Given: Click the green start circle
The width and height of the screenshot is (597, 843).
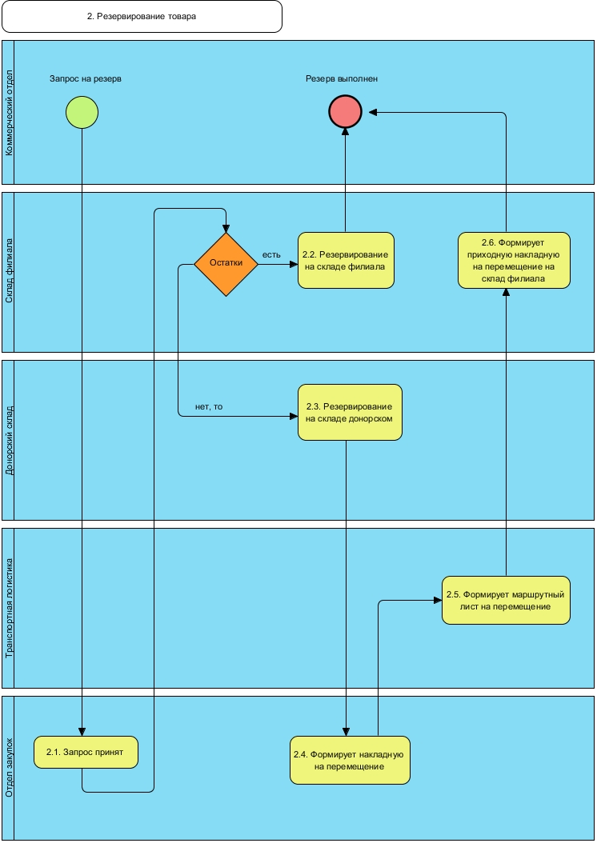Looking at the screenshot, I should point(82,112).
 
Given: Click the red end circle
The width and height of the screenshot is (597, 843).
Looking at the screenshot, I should point(346,112).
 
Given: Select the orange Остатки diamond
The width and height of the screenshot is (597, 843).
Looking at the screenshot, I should point(226,264).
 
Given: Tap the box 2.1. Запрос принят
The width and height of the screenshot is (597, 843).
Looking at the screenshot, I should point(86,752).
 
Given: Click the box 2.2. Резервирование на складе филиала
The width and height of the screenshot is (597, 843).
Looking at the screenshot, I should point(346,261).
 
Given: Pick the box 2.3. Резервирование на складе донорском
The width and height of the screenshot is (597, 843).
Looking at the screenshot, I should point(350,412).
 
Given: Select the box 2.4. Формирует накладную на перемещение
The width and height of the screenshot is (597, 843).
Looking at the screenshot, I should point(350,760).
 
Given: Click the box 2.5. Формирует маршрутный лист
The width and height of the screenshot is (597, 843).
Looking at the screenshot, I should point(506,600).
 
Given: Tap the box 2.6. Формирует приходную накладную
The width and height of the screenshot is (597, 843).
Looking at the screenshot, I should point(514,261).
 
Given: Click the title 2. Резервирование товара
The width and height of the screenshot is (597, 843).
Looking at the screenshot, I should point(142,16).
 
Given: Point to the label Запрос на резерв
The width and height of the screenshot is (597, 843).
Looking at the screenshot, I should point(85,79).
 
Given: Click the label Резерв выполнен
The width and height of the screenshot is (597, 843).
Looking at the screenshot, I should point(342,79).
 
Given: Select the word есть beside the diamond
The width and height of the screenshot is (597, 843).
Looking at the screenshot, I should point(271,255).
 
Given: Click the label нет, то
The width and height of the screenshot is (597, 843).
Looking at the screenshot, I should point(209,406).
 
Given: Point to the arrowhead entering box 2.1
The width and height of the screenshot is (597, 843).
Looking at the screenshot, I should point(82,732).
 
